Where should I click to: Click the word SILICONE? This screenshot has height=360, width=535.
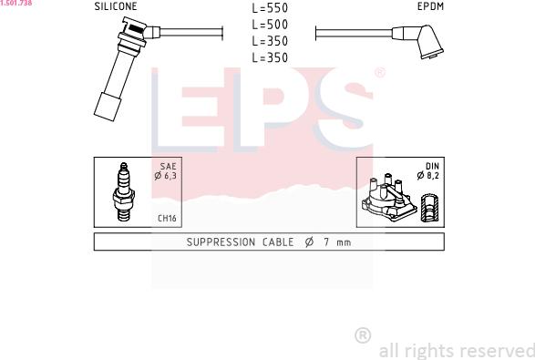116,6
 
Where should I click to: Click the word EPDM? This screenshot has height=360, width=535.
430,6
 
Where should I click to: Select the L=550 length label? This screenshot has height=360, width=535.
270,8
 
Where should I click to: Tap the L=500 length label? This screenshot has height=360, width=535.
270,25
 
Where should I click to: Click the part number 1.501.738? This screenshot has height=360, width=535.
16,3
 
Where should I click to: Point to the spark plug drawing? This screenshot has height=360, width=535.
124,191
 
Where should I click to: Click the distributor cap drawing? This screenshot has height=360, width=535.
389,199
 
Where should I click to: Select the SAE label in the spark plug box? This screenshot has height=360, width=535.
169,166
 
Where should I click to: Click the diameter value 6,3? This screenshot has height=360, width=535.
170,176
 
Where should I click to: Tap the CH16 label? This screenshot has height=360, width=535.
167,218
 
